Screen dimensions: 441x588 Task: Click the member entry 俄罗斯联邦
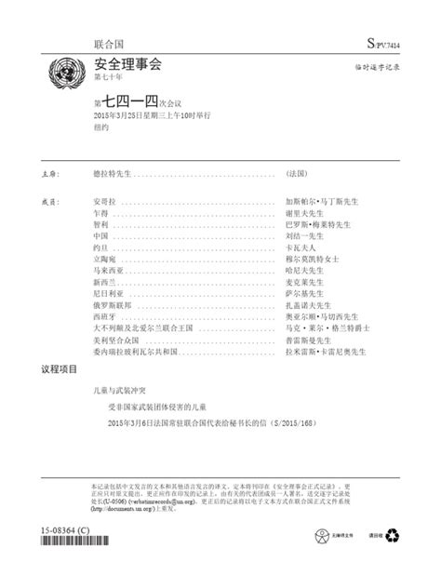coord(113,304)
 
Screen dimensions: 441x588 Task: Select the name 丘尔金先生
coord(308,304)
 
